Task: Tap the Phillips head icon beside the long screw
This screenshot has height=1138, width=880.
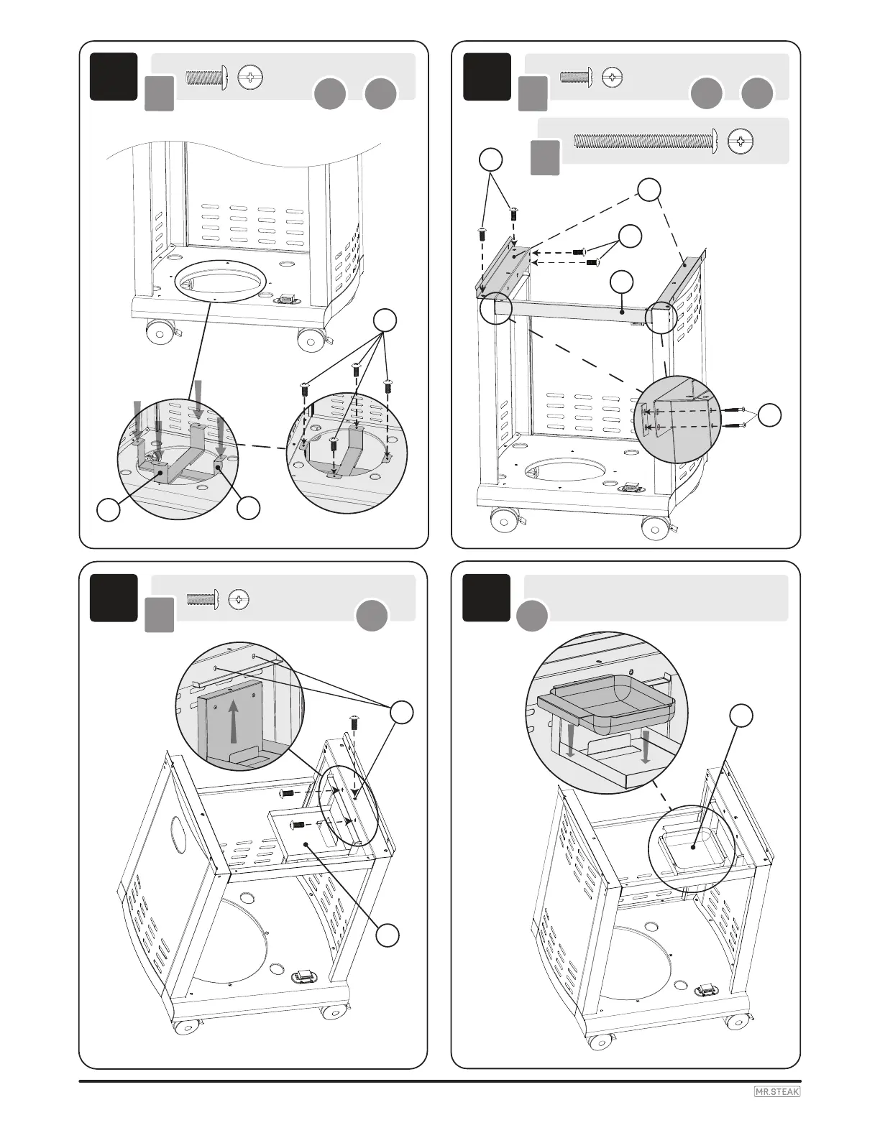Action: click(741, 141)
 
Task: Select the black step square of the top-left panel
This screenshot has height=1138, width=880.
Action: click(114, 76)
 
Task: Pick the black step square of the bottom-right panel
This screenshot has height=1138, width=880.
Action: click(486, 597)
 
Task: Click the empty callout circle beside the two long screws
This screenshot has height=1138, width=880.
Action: click(771, 414)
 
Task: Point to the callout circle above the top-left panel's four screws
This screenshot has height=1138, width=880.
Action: click(386, 320)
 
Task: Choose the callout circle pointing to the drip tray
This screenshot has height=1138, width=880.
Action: click(741, 716)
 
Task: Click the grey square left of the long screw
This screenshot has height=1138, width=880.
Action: click(546, 157)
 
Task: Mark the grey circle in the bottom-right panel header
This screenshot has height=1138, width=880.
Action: click(532, 616)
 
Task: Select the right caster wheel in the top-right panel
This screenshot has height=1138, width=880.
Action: click(655, 529)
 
